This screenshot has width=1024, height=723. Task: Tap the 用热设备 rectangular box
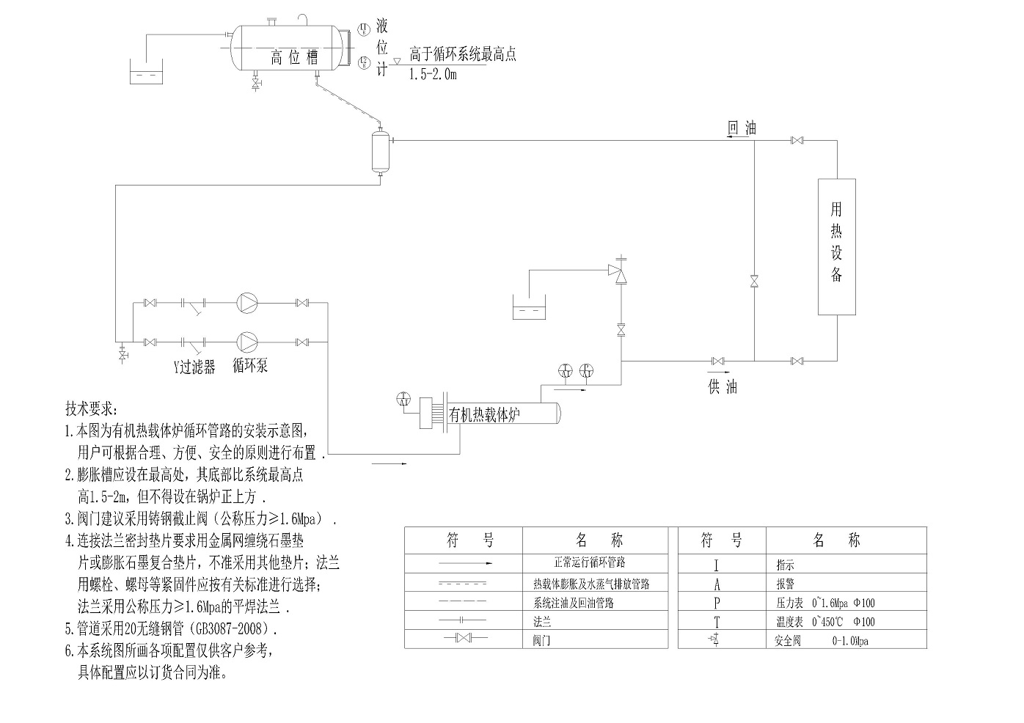pos(837,247)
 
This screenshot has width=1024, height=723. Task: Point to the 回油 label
pos(741,128)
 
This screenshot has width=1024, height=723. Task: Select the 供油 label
pos(723,386)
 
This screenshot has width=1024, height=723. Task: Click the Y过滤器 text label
pos(194,367)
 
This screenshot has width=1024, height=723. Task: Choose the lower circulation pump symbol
pos(247,342)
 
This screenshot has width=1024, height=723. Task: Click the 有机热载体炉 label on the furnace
pos(485,414)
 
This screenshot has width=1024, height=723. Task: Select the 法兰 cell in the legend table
pos(542,622)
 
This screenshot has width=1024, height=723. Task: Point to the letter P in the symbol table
pos(717,603)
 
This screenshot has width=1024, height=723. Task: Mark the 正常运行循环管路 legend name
pos(590,562)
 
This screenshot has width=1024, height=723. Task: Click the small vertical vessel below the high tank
pos(380,151)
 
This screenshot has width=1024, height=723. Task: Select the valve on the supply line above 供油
pos(717,361)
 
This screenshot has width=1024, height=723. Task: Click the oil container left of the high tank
pos(147,75)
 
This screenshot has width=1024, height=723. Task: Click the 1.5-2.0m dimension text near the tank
pos(433,74)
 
